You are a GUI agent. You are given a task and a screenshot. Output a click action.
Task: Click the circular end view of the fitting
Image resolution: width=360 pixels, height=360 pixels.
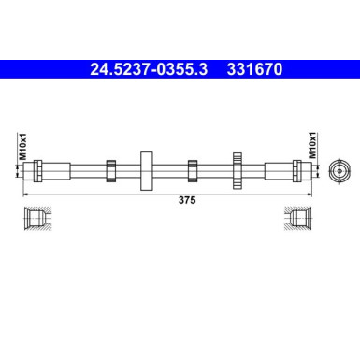[x=338, y=170]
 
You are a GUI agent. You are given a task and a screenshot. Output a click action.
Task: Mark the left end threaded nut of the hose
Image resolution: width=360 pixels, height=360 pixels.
[x=37, y=170]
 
